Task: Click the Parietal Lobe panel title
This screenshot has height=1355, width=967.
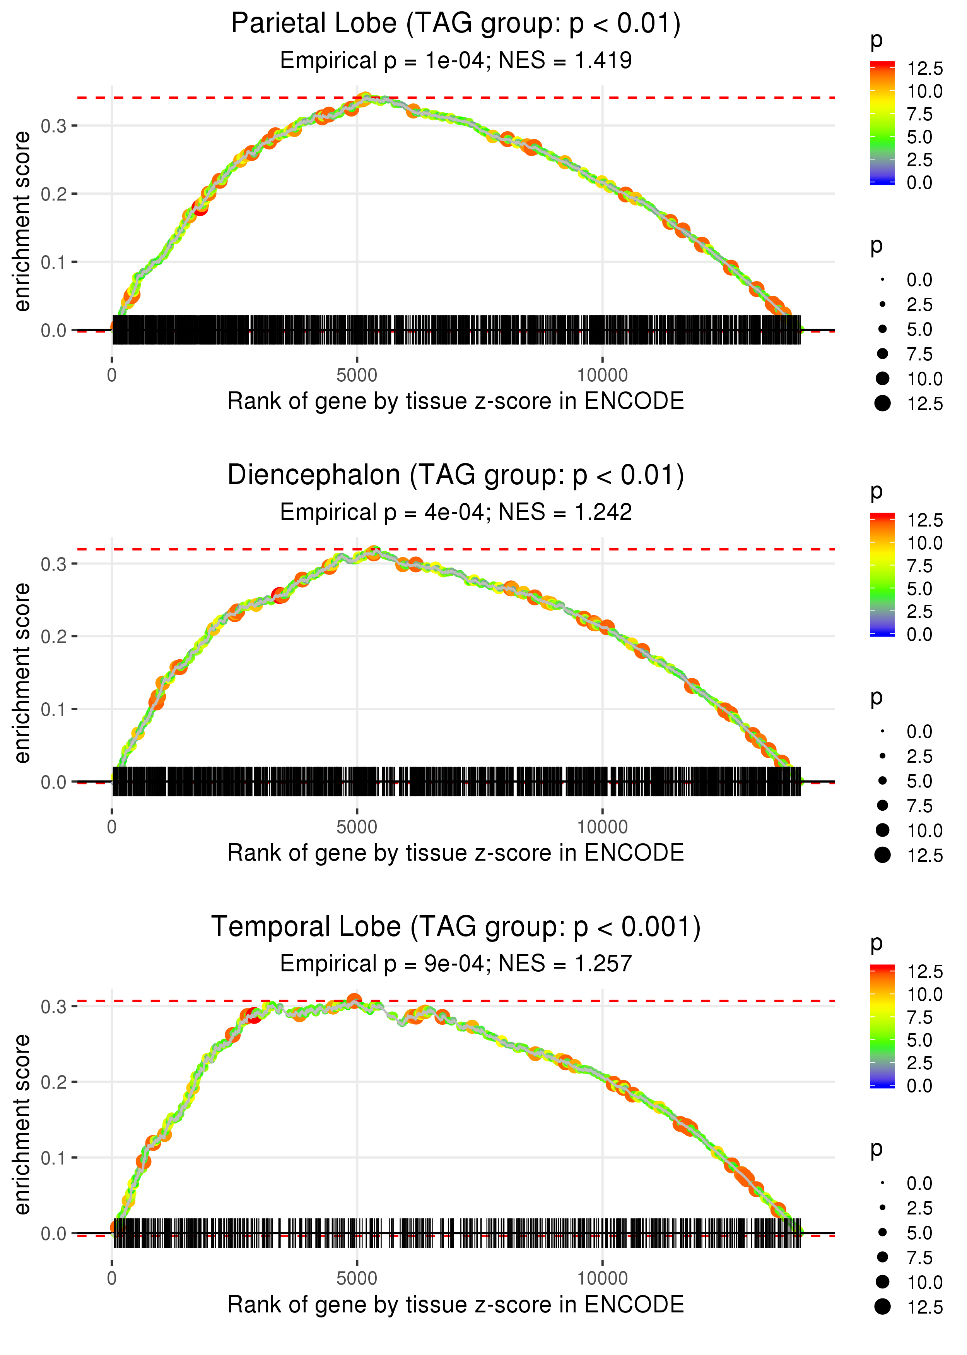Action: pos(456,24)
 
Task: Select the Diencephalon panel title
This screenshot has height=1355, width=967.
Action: pos(456,475)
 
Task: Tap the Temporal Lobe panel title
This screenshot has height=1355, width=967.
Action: pos(456,926)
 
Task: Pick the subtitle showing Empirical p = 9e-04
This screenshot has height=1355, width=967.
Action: pos(456,964)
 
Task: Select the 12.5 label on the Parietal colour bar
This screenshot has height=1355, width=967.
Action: pos(925,69)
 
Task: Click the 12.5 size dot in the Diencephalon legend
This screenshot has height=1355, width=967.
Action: pos(882,855)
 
